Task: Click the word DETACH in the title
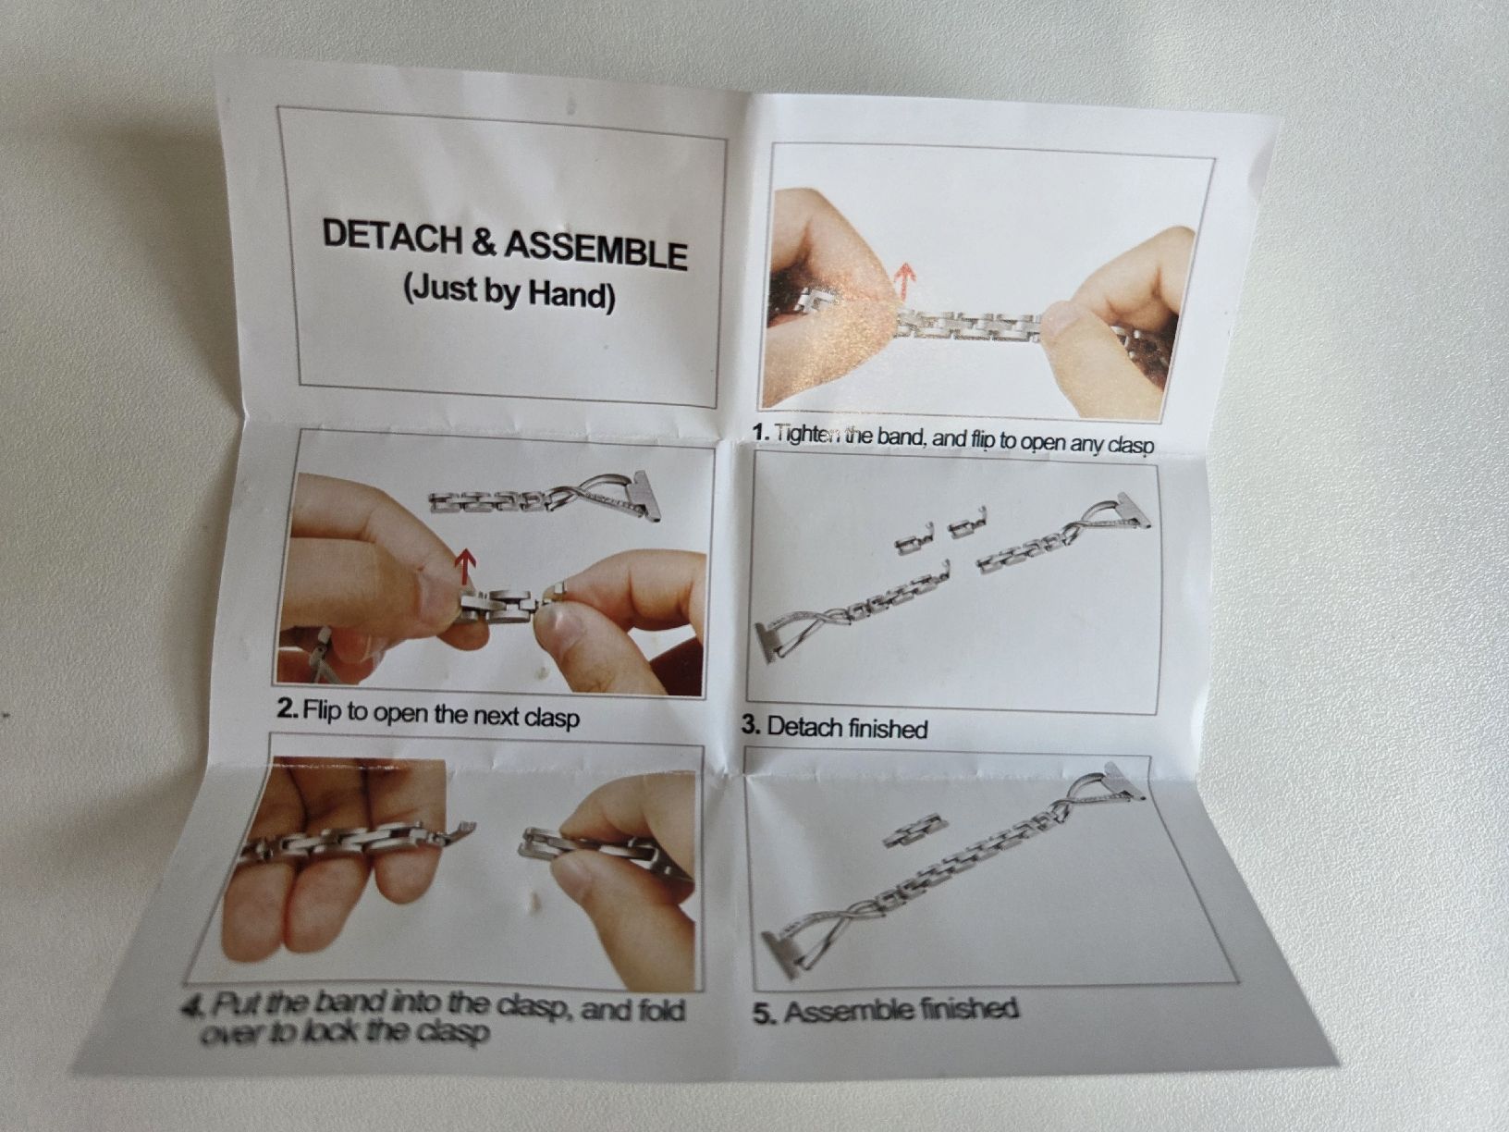point(393,236)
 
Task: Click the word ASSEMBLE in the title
point(596,250)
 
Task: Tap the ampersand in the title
point(485,242)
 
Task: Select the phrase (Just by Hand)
point(509,292)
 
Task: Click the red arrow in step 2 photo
point(466,566)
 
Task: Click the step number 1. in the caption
point(761,432)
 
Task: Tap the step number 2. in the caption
point(288,707)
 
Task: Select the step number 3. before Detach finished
point(751,724)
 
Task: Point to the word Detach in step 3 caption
point(804,726)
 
